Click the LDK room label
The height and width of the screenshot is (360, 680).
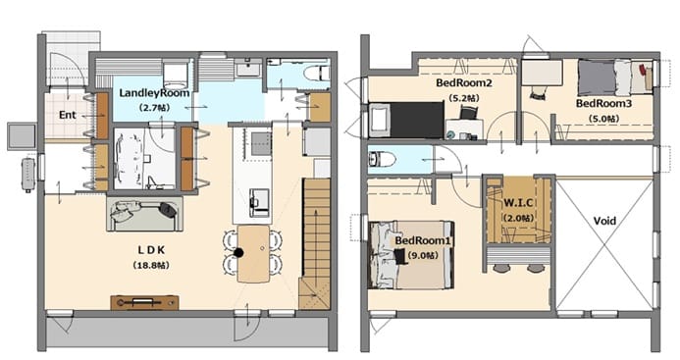point(151,250)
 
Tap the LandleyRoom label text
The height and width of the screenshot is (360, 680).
point(154,93)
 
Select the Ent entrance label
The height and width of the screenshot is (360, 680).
point(68,115)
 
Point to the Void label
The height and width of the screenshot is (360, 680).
point(604,221)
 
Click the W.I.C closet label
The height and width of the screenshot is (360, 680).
point(518,202)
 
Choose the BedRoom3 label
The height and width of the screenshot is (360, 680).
point(603,104)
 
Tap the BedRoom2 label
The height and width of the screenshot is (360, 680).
point(464,82)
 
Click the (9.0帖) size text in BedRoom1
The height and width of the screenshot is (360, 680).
point(423,255)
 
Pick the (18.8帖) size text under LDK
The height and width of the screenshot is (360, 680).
point(151,265)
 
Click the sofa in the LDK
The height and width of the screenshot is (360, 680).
point(145,214)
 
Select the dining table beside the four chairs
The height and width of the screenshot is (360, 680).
point(254,254)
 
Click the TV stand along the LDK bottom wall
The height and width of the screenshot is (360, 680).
point(144,302)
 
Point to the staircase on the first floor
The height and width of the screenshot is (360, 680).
point(315,243)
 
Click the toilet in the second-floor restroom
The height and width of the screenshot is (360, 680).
point(382,160)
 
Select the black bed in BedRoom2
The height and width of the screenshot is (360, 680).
point(406,120)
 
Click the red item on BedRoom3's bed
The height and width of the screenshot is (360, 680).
point(643,68)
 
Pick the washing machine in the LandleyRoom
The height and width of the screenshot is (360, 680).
point(176,75)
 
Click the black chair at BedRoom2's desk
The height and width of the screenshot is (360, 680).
point(467,113)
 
